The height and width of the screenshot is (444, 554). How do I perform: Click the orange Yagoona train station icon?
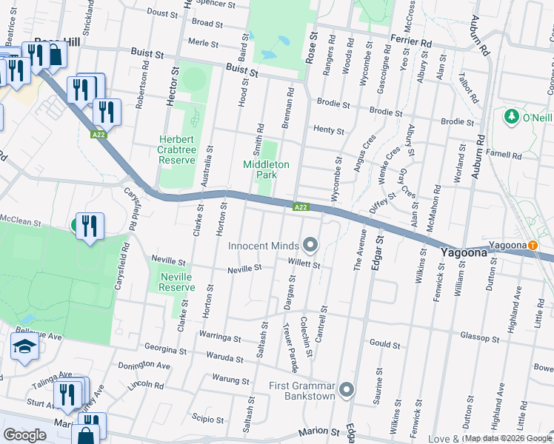533,246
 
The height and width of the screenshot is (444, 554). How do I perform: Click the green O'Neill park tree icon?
510,117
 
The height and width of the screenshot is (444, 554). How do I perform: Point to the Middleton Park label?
261,169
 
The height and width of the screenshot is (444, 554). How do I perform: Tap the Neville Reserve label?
177,282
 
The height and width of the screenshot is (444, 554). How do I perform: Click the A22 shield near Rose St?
300,207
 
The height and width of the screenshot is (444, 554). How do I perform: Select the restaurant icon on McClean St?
90,225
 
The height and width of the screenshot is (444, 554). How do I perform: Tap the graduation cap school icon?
24,346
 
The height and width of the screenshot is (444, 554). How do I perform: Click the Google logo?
24,434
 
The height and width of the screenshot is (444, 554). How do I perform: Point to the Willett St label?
304,264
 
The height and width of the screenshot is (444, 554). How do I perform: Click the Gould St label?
384,344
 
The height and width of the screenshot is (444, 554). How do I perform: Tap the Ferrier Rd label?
416,43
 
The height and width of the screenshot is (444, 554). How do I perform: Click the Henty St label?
329,131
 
